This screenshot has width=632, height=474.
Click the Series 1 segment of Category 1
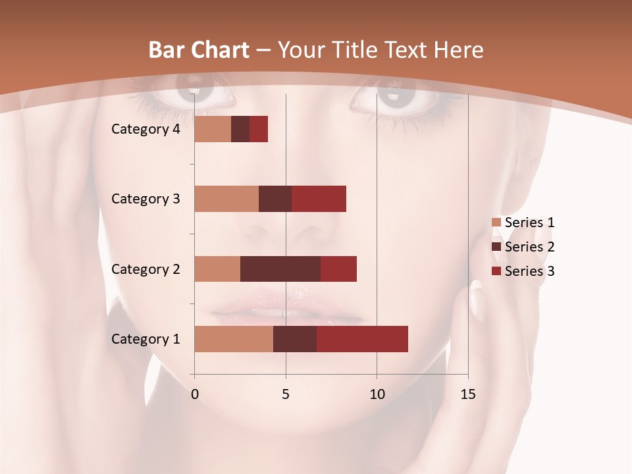coord(234,339)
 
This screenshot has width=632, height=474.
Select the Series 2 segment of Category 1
coord(295,339)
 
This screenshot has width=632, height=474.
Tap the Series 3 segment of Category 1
coord(362,339)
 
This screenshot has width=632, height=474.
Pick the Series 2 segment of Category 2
coord(280,269)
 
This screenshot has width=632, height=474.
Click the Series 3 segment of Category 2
coord(338,269)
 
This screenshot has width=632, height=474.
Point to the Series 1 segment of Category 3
coord(226,199)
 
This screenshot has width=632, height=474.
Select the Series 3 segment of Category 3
coord(319,199)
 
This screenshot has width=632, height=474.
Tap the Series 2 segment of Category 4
coord(240,129)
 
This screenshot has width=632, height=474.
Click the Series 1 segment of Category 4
coord(213,129)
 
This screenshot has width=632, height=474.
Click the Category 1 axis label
coord(145,339)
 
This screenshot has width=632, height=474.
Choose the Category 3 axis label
coord(145,199)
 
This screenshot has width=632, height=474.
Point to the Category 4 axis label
coord(145,129)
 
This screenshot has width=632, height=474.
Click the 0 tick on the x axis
coord(195,394)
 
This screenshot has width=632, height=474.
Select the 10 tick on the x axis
coord(377,394)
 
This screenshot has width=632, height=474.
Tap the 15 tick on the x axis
coord(468,394)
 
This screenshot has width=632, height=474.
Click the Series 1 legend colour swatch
coord(496,223)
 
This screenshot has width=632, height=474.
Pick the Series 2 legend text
coord(529,247)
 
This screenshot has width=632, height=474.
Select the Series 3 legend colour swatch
coord(496,271)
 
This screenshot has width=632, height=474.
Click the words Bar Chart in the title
coord(199,50)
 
